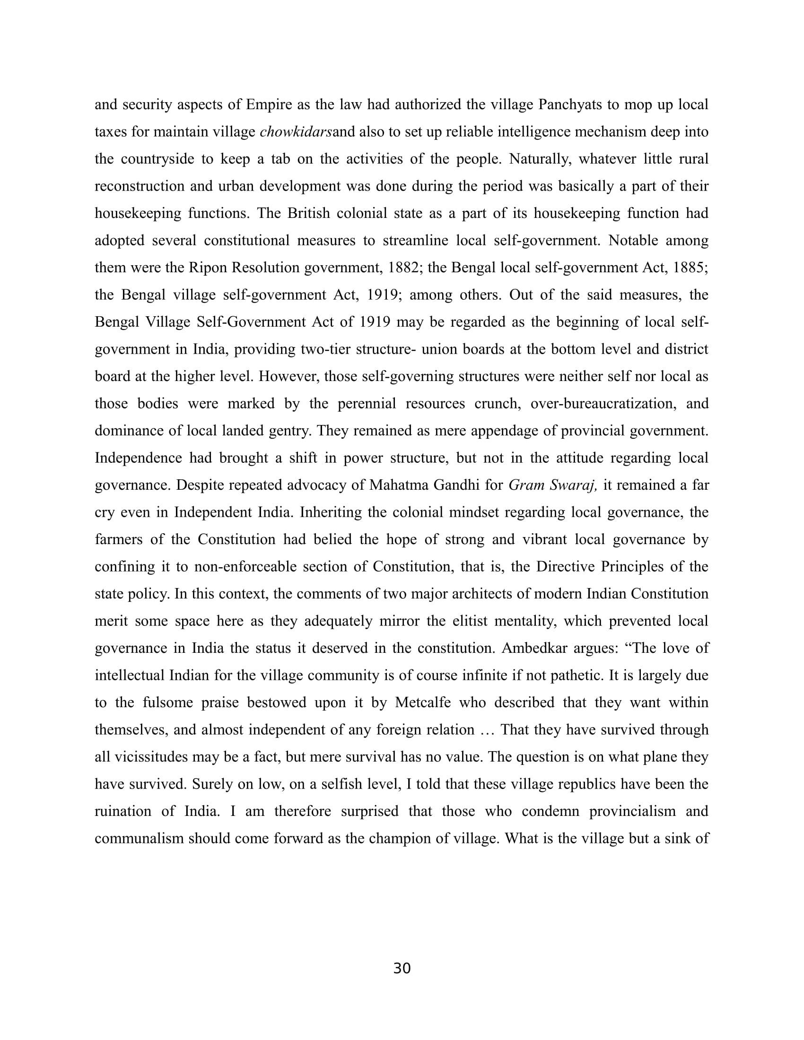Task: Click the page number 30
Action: tap(402, 968)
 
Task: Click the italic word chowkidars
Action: tap(295, 131)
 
